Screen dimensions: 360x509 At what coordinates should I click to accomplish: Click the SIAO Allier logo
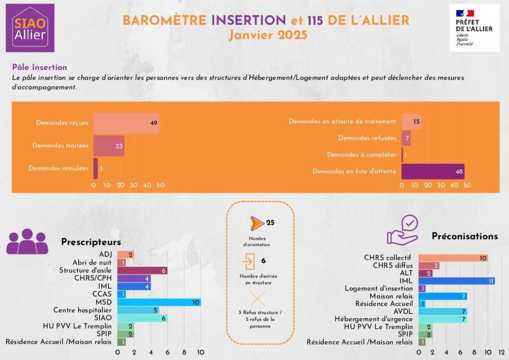[30, 28]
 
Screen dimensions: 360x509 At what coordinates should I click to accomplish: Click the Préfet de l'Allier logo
[474, 28]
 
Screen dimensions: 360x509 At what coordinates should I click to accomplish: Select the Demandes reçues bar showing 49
[126, 122]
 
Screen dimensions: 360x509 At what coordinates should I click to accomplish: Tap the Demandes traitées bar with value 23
[109, 146]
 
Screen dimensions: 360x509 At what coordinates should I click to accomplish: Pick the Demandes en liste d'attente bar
[432, 172]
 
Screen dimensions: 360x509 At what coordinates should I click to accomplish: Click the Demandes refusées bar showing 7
[406, 138]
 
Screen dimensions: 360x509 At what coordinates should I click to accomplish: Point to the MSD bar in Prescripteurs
[159, 302]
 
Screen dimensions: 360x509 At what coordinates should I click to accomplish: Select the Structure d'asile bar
[142, 270]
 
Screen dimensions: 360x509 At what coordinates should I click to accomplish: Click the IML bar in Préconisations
[456, 281]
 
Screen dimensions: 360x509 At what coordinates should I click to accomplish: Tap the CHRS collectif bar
[453, 258]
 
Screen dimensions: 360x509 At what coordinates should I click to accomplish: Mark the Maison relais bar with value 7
[442, 296]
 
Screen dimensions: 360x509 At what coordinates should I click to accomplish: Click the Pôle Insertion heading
[39, 67]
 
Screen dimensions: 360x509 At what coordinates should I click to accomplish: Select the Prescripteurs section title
[91, 242]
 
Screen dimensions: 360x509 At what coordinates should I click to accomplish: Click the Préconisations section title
[465, 236]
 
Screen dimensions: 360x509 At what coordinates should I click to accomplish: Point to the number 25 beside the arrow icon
[270, 223]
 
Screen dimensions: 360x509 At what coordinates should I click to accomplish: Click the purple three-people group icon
[27, 242]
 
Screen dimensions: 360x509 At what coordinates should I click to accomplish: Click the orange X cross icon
[257, 298]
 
